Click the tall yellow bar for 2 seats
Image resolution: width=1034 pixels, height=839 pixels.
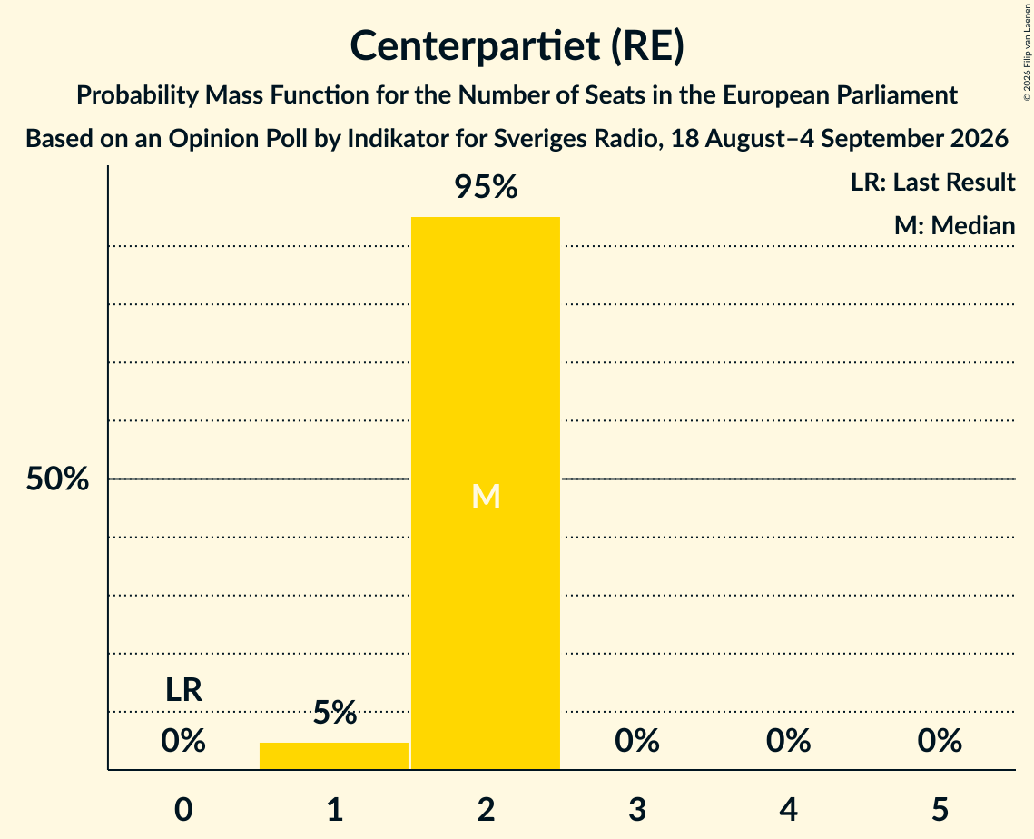(x=486, y=493)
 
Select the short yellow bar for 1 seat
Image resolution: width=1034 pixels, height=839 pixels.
(x=334, y=755)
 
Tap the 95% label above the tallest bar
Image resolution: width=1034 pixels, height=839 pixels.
(x=486, y=187)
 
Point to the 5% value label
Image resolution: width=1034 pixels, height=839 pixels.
(x=334, y=713)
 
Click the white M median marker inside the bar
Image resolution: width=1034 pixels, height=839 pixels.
(x=486, y=496)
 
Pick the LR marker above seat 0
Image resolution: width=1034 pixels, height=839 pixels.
(x=183, y=690)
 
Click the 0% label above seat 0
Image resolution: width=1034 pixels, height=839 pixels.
(x=183, y=741)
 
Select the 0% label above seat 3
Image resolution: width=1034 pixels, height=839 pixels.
(x=637, y=741)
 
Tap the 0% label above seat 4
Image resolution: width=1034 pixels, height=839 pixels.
(x=788, y=741)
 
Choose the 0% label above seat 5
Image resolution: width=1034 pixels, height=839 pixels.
(x=940, y=741)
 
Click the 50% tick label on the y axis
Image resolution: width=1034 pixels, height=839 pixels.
(x=57, y=479)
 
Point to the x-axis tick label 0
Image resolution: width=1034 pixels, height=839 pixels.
(x=183, y=810)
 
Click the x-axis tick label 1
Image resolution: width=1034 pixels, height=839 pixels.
(x=335, y=810)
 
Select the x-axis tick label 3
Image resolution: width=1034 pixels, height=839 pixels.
(x=637, y=810)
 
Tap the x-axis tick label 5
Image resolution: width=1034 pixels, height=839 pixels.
(x=940, y=810)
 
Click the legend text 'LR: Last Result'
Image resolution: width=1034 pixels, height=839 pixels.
(x=932, y=182)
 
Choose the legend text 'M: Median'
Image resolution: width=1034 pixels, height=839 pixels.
(x=954, y=226)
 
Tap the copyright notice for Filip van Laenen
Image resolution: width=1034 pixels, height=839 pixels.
(x=1027, y=53)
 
